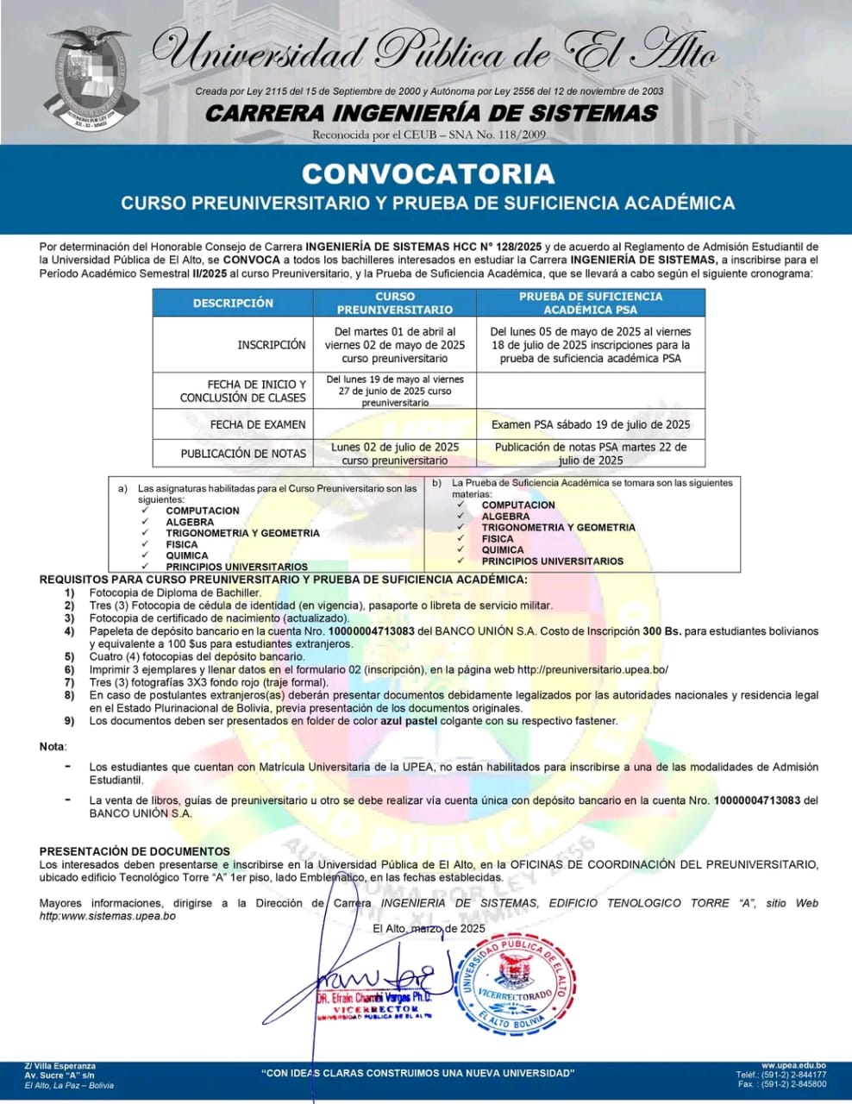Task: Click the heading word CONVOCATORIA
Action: pos(428,173)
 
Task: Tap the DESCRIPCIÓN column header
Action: pos(233,303)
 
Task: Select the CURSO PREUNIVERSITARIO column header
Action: pos(394,303)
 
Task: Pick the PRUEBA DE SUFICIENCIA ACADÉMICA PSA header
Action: pos(591,303)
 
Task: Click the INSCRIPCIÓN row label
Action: pos(272,345)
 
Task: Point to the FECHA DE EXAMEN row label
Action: pos(258,425)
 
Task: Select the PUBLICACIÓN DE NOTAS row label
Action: pos(243,454)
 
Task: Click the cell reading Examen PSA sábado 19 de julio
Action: pos(591,425)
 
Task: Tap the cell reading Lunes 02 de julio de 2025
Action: pos(395,448)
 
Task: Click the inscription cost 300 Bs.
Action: pos(662,631)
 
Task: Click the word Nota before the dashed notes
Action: pos(52,747)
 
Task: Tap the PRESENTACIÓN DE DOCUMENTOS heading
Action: pos(135,851)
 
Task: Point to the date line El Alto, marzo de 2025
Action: pos(429,929)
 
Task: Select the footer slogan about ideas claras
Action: pos(417,1073)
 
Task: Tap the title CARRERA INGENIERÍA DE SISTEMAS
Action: pos(431,114)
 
